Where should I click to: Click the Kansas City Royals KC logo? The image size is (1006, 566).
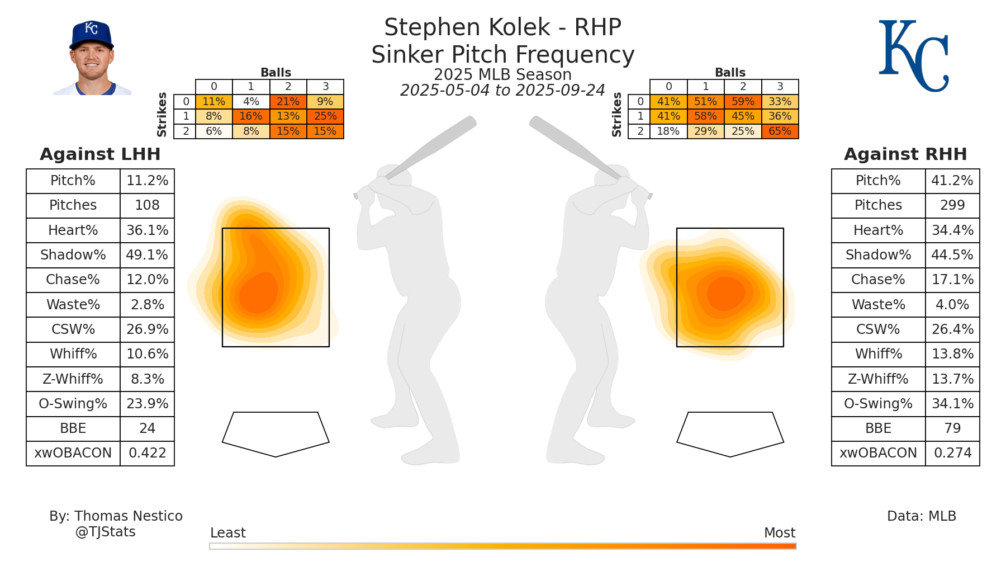(913, 56)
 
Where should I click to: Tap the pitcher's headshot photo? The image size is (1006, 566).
(92, 59)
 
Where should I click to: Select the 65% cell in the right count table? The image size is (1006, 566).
(780, 131)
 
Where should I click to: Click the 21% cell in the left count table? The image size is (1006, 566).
(288, 102)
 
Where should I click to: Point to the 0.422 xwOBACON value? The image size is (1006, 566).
(148, 453)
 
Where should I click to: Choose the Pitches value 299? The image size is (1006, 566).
(952, 205)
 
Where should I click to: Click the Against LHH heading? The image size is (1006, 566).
(100, 154)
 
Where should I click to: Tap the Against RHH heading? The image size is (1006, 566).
(905, 154)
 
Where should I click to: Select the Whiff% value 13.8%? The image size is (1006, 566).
(952, 354)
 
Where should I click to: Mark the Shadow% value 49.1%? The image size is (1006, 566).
(147, 255)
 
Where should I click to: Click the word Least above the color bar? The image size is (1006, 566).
(228, 533)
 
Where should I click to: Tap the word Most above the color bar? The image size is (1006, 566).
(780, 533)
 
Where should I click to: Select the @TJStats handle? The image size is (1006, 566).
(106, 532)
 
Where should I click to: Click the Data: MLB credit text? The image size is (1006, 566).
(922, 516)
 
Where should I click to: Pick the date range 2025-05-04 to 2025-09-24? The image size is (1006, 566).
(502, 91)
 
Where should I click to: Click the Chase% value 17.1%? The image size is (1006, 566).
(952, 280)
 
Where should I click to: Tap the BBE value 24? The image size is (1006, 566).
(147, 428)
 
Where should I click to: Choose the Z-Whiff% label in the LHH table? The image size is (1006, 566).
(73, 379)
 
